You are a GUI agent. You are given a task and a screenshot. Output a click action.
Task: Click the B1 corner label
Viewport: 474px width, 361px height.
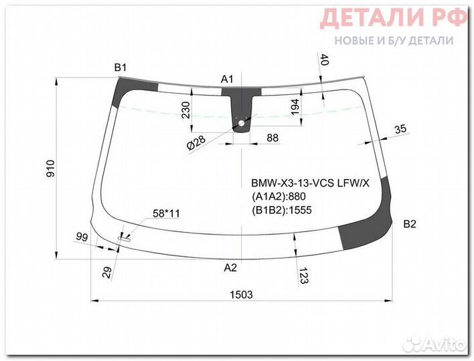tap(121, 67)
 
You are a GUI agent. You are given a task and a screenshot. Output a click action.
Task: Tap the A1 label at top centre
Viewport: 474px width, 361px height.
tap(228, 80)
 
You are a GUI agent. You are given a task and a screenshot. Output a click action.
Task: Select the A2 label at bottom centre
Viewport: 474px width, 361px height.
tap(230, 268)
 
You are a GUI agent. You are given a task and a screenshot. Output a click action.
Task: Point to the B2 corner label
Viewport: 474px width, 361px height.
tap(410, 225)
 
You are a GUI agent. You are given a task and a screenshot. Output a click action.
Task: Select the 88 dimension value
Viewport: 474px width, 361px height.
tap(272, 138)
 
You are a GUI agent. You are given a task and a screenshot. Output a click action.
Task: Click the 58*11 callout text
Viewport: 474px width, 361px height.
tap(167, 214)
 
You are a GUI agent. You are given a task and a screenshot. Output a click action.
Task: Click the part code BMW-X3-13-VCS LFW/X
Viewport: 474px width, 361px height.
tap(309, 183)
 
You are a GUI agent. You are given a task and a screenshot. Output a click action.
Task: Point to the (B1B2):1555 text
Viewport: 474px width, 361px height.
tap(282, 209)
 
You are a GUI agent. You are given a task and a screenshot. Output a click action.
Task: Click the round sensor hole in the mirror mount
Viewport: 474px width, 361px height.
tap(242, 122)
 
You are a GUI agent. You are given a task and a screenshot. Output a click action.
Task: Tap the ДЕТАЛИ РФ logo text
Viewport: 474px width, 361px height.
tap(394, 18)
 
